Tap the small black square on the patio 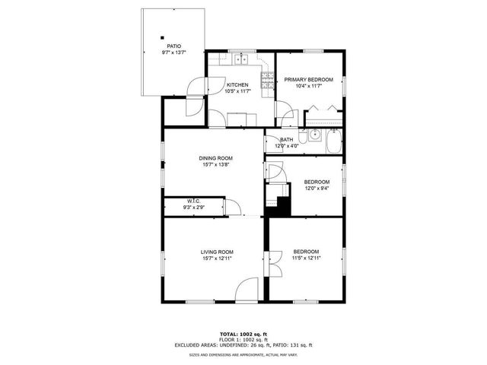click(x=162, y=36)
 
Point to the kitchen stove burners click(x=267, y=80)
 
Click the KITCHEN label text click(x=237, y=85)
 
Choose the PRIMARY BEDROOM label click(x=309, y=79)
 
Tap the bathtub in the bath click(x=333, y=141)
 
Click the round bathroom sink click(x=303, y=139)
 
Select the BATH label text click(x=287, y=140)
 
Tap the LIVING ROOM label click(x=217, y=252)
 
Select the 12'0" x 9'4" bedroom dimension click(x=317, y=189)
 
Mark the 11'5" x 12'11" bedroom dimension click(x=306, y=259)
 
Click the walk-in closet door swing click(x=234, y=208)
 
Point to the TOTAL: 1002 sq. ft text click(x=243, y=334)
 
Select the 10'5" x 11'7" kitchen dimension click(x=237, y=91)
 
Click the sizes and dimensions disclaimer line click(x=243, y=354)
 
